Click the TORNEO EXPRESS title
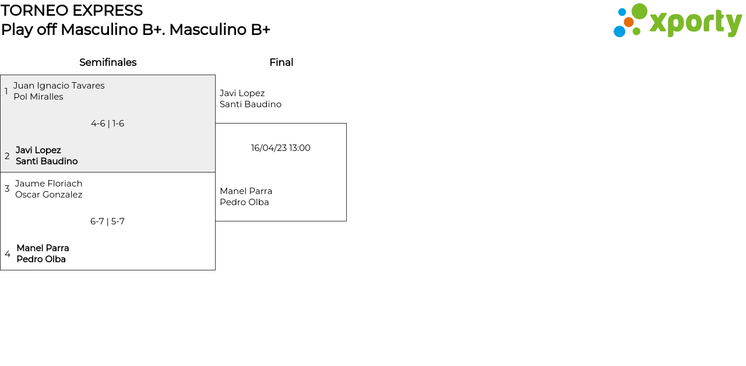click(72, 10)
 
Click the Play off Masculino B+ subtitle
click(135, 30)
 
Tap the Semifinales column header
click(108, 62)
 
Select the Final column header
click(281, 62)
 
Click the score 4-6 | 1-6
click(107, 124)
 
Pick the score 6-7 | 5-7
click(107, 221)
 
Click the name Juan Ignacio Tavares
click(59, 86)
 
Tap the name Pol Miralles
click(38, 97)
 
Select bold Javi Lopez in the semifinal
click(38, 150)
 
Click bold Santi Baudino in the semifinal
click(47, 161)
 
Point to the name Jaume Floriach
click(49, 184)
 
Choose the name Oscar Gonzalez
click(49, 195)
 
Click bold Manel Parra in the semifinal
click(43, 248)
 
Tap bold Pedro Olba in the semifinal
click(41, 259)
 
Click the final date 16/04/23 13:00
click(281, 148)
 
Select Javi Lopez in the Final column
click(242, 93)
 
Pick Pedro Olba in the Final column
click(244, 202)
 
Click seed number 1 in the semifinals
click(6, 91)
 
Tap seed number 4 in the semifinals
click(8, 254)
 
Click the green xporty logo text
click(695, 23)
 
